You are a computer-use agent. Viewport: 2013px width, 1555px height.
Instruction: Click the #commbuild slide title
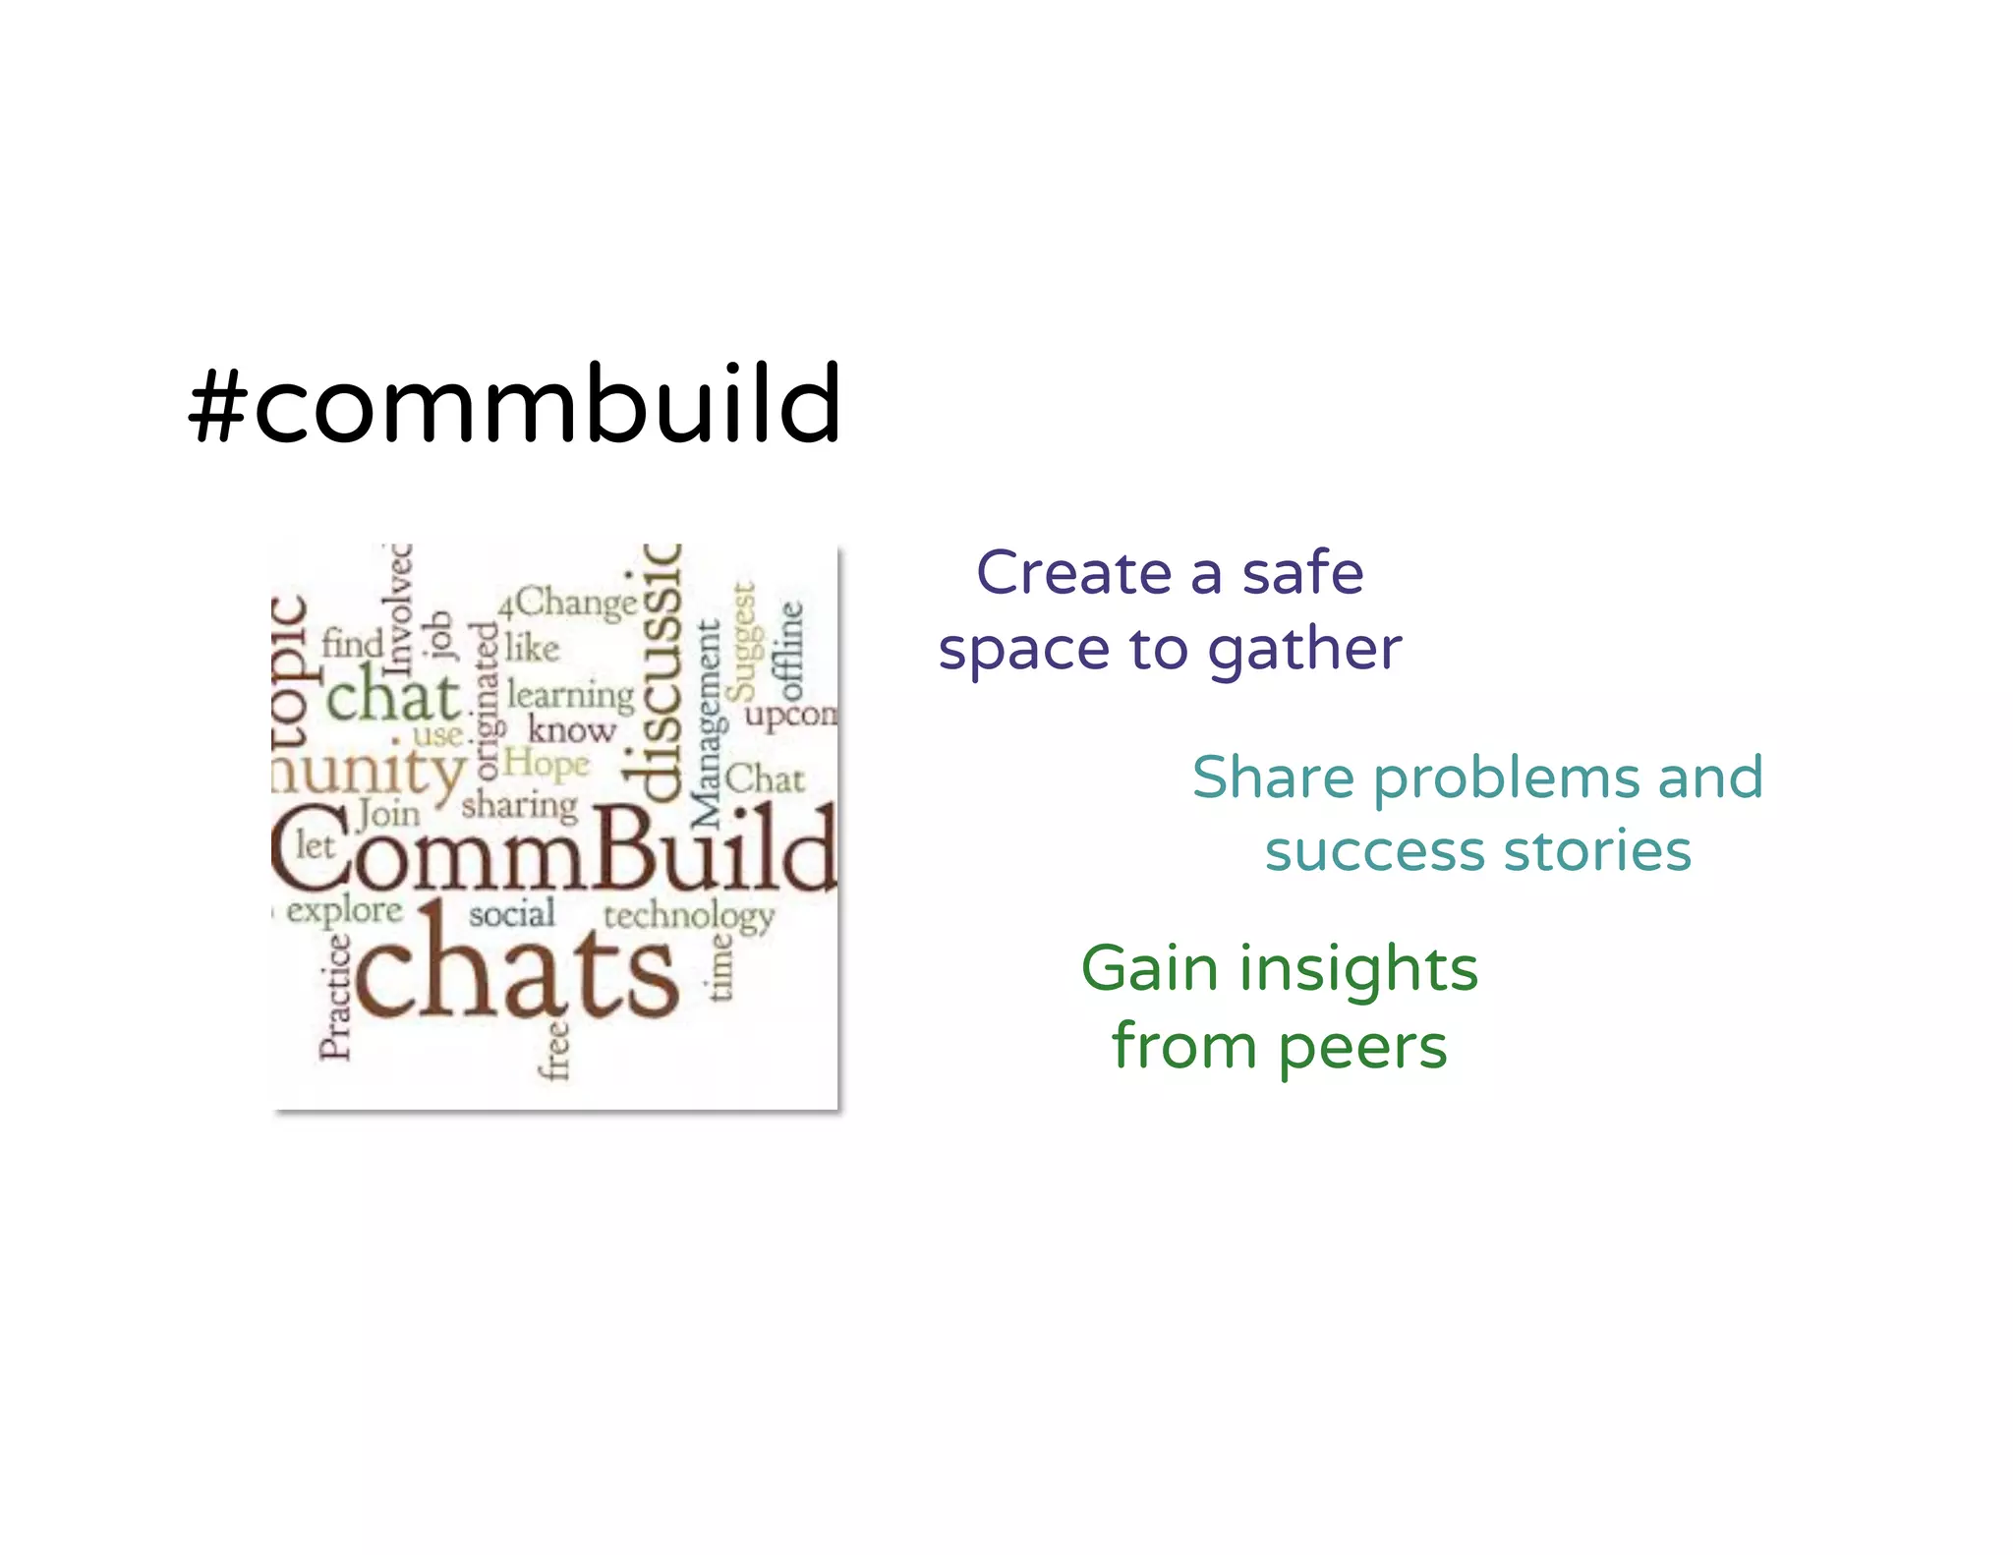(x=514, y=404)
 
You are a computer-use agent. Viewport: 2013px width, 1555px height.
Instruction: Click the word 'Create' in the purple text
(x=1075, y=573)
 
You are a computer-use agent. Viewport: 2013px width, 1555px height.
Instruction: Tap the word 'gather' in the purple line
(x=1303, y=651)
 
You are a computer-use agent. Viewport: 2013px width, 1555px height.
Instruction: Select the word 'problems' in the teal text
(x=1506, y=779)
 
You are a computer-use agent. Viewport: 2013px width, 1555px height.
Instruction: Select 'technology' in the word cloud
(x=688, y=917)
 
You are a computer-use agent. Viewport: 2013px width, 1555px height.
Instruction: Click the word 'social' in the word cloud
(x=511, y=914)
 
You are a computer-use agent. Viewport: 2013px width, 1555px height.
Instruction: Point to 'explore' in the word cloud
(x=344, y=910)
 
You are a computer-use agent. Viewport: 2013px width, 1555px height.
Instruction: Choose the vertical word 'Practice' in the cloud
(x=335, y=997)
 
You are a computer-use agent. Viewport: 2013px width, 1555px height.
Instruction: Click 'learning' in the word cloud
(x=571, y=696)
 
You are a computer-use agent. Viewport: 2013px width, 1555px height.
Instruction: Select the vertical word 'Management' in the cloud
(x=708, y=724)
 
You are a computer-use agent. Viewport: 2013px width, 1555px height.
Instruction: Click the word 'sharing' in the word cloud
(x=519, y=806)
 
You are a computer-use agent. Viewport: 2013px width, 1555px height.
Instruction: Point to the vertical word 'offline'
(x=791, y=651)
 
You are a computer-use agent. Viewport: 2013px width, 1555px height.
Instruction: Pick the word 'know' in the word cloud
(x=571, y=730)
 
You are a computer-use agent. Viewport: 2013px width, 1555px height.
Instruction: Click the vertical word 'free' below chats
(x=556, y=1050)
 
